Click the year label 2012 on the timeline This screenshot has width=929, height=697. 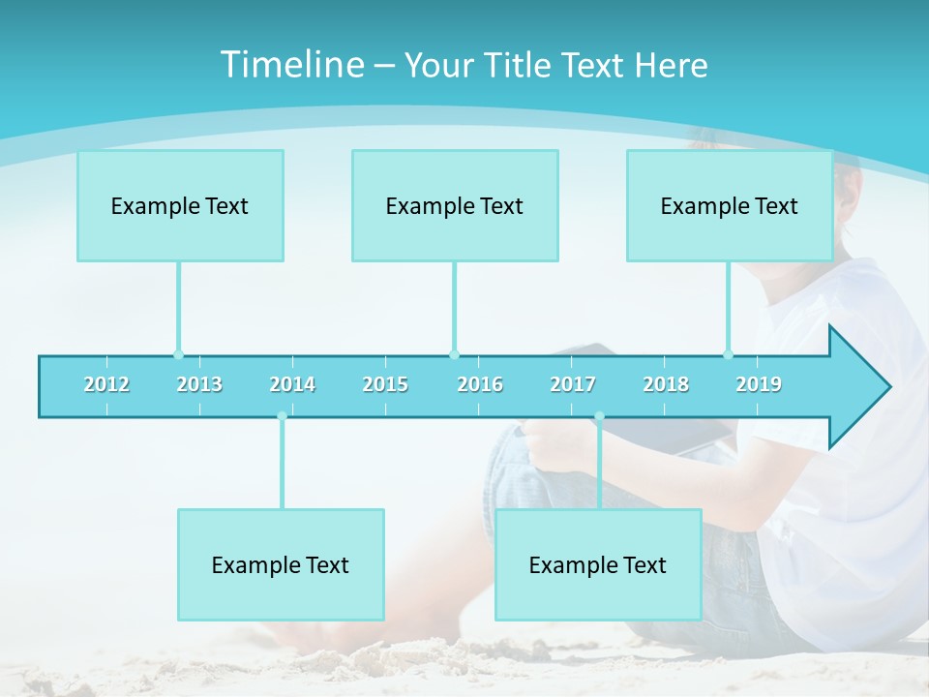pos(106,384)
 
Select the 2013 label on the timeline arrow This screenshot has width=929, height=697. pos(199,384)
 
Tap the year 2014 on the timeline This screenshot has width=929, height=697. pos(292,384)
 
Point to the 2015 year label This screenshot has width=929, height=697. pos(385,384)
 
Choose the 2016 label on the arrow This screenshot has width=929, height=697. pos(480,384)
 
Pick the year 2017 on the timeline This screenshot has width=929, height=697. pos(573,384)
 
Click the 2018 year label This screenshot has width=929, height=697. pos(666,384)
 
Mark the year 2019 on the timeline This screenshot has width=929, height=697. pos(759,384)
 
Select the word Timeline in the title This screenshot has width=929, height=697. pos(291,65)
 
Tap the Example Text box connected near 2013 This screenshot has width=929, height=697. pos(180,205)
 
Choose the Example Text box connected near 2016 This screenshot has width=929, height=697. pos(455,205)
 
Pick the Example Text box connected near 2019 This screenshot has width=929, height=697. pos(730,205)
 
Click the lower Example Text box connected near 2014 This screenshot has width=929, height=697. pos(281,564)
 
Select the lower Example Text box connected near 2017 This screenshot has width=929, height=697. pos(598,564)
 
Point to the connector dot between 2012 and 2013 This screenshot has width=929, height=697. pos(178,354)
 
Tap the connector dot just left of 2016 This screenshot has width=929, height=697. pos(454,354)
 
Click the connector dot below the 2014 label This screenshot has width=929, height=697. pos(282,416)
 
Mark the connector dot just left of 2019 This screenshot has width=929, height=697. pos(728,354)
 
